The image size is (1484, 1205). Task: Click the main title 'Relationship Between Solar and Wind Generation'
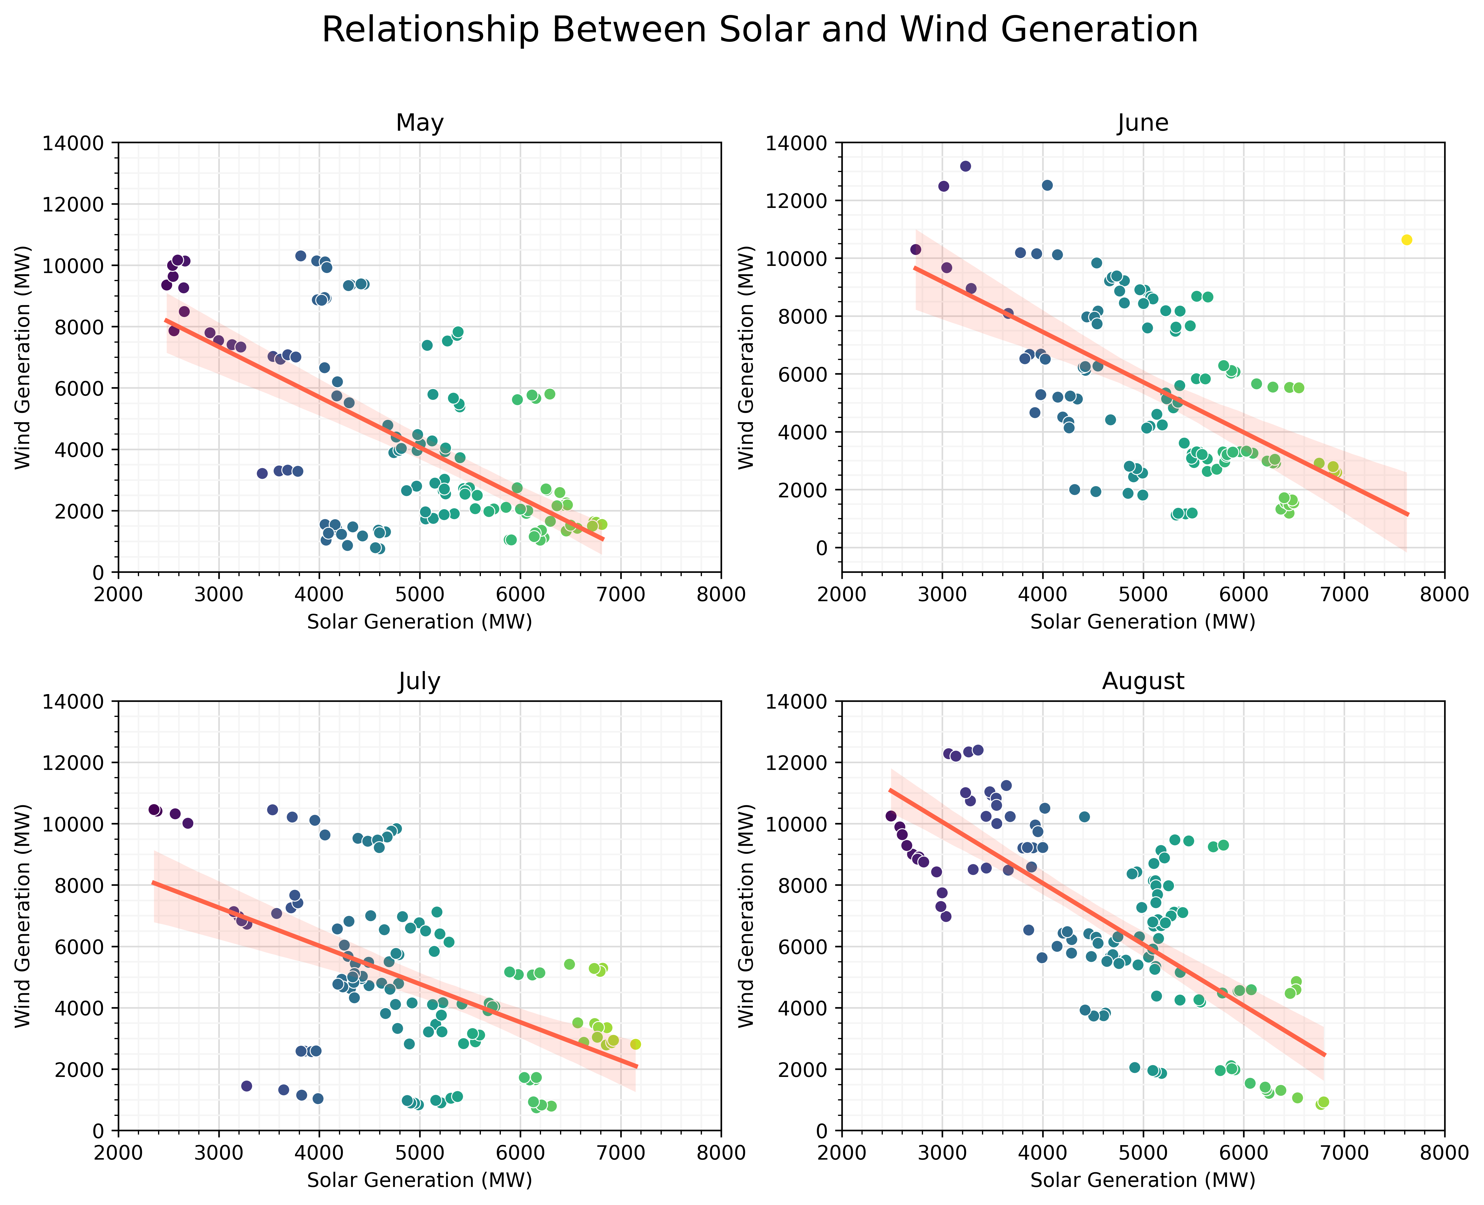(760, 31)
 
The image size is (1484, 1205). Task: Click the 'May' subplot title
(420, 123)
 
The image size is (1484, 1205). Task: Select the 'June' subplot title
(1143, 123)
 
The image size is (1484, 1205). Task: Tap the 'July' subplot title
(420, 682)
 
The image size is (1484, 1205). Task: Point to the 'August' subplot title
(1143, 682)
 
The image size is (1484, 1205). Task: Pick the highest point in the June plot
(965, 166)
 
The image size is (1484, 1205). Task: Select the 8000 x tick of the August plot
(1444, 1154)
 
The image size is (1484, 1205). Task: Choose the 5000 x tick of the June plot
(1143, 595)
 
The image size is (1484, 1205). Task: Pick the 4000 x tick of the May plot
(319, 595)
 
